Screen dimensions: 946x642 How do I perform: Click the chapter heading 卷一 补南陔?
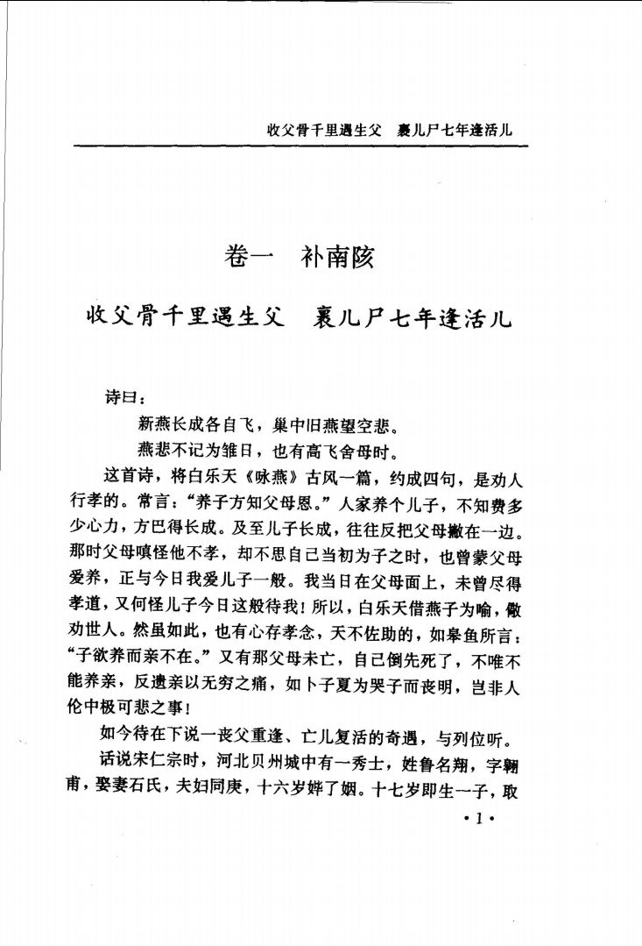tap(300, 258)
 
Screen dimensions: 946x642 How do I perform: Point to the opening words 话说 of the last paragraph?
tap(121, 767)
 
